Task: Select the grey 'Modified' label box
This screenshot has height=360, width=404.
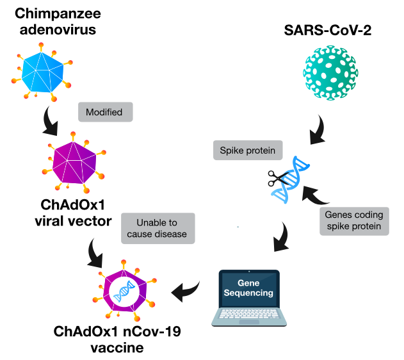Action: click(x=104, y=112)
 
